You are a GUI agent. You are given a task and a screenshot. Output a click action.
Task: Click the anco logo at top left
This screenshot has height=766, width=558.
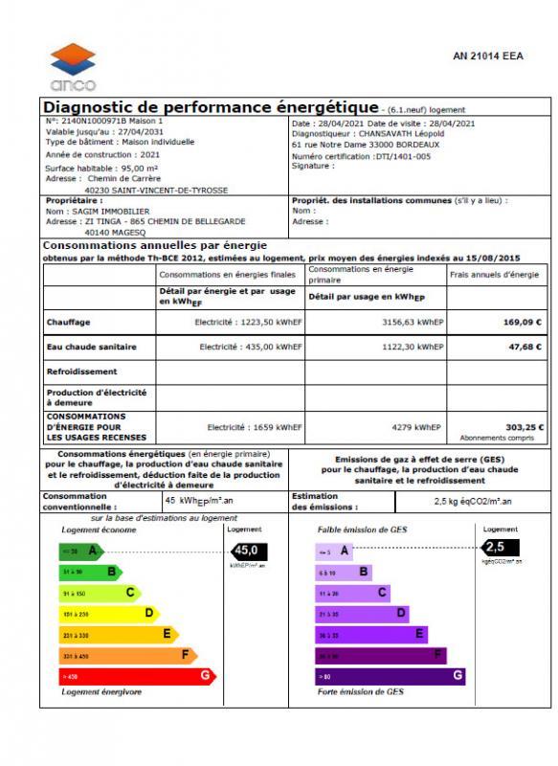[x=74, y=66]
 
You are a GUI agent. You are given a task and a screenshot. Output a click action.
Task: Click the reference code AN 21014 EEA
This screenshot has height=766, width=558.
[x=488, y=56]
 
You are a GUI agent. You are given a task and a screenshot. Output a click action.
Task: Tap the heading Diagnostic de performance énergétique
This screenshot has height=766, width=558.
[x=212, y=107]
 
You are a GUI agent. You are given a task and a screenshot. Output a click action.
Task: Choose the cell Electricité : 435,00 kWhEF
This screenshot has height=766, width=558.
[x=251, y=347]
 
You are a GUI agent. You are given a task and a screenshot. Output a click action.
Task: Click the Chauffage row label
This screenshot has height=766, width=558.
[x=69, y=323]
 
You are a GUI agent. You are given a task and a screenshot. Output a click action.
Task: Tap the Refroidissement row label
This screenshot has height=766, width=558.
[x=82, y=372]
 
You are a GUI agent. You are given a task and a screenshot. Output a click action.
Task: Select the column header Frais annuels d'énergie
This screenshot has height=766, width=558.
[x=494, y=275]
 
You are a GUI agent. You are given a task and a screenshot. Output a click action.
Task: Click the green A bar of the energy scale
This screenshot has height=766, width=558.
[x=81, y=551]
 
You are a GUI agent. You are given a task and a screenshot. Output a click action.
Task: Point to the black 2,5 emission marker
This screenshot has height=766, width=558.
[x=496, y=547]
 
